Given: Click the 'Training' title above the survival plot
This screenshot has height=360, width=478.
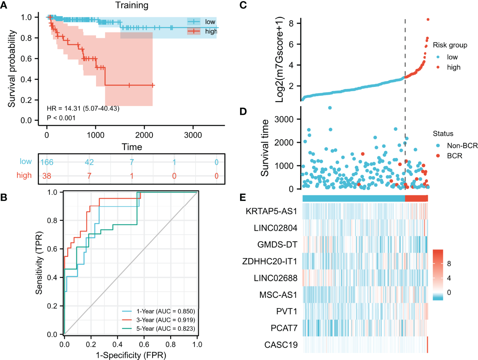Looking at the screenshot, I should coord(132,5).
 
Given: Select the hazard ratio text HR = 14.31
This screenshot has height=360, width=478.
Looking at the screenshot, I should coord(83,108).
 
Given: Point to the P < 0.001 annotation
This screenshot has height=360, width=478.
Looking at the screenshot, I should coord(61,118).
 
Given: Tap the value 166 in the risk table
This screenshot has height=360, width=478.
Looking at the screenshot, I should coord(47,162).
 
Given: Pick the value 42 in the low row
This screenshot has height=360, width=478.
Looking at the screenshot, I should coord(89,162).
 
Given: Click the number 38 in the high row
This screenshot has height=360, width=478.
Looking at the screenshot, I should coord(47,176).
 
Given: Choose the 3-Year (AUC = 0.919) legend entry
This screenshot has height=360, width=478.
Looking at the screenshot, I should coord(166,320).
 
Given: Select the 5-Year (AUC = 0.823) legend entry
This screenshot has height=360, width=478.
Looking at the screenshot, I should coord(166,329).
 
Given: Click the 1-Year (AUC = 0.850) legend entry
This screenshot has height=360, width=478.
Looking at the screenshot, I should coord(166,311).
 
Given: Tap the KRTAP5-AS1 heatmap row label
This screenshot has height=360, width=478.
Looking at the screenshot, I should coord(271,211).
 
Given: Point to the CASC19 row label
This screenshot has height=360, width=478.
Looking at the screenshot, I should coord(281,345).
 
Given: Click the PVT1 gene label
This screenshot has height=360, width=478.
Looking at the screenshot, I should coord(287,311).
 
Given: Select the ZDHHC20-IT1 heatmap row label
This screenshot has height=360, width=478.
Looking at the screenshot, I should coord(270,261).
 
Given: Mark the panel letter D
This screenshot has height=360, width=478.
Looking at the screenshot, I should coord(243,112).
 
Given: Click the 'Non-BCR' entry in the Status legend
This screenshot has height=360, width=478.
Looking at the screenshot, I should coord(462,146).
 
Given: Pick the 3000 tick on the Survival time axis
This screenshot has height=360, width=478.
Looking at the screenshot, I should coord(284,119).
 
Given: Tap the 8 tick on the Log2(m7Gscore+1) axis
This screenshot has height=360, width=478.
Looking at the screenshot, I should coord(291,23).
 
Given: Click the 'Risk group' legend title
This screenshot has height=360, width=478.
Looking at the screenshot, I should coord(450,45).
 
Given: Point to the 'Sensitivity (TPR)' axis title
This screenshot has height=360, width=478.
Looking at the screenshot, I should coord(39,263).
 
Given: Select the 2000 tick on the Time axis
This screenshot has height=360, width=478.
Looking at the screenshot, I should coord(144,135).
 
